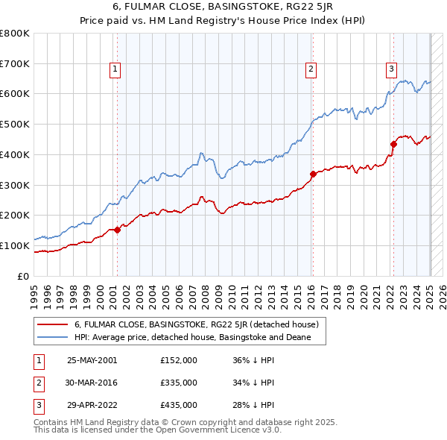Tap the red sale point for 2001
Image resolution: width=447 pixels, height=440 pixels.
(117, 230)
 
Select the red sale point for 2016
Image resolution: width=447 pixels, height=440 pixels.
(313, 174)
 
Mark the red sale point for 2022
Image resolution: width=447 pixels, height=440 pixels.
(393, 144)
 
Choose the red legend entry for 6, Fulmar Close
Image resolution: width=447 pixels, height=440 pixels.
(196, 324)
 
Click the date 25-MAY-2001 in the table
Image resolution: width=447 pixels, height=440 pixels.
(92, 360)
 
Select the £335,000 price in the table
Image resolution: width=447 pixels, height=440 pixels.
(179, 383)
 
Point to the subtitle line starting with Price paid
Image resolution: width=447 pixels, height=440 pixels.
(223, 22)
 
